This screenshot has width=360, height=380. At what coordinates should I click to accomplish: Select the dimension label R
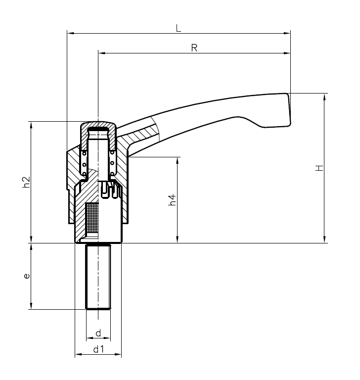[x=194, y=48]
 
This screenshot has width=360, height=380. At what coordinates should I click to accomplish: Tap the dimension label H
[x=320, y=168]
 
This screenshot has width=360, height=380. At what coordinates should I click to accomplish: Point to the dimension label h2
[x=27, y=182]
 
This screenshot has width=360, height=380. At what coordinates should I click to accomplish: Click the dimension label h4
[x=172, y=200]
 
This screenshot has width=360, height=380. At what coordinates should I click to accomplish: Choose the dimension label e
[x=27, y=276]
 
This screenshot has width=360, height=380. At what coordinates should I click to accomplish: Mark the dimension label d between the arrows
[x=98, y=333]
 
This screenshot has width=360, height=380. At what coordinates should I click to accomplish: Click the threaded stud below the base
[x=98, y=277]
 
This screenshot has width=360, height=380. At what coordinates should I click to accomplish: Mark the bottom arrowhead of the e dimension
[x=31, y=307]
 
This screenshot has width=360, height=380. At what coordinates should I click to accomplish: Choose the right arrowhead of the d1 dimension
[x=119, y=355]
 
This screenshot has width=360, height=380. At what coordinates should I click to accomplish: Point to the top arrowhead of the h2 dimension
[x=31, y=124]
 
